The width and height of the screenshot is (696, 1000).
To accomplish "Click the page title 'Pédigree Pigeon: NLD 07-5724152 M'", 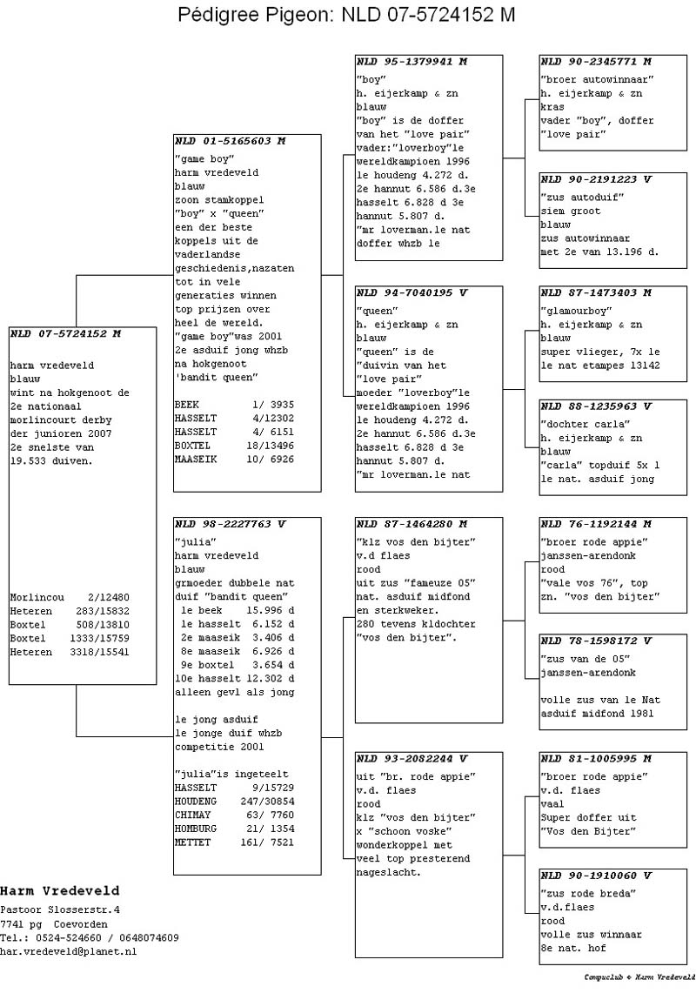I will click(346, 15).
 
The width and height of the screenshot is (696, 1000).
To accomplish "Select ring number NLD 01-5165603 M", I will click(230, 140).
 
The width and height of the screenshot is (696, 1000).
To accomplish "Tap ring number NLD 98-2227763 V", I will click(230, 524).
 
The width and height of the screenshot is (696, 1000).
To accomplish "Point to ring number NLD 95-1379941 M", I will click(412, 62).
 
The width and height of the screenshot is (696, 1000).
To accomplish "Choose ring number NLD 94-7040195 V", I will click(412, 292).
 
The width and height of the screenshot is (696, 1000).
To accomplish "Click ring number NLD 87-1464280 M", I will click(412, 524).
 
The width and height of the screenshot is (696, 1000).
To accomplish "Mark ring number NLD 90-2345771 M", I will click(596, 62).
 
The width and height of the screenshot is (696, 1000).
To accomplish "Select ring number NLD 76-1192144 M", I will click(596, 524).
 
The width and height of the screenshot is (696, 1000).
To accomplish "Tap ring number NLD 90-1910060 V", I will click(596, 876).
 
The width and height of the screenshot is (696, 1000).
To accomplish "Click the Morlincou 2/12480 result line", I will click(70, 597).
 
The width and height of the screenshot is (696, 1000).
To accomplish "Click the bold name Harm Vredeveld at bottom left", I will click(60, 891).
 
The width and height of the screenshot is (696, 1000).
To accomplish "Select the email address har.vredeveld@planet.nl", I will click(69, 951).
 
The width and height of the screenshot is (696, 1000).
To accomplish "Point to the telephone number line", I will click(90, 937).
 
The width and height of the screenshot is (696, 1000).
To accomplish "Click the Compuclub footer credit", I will click(639, 977).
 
